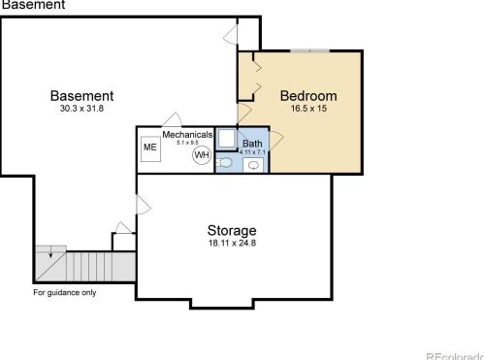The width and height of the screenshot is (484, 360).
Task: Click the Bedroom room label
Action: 307,95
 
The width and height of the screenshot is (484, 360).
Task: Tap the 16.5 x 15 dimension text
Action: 307,109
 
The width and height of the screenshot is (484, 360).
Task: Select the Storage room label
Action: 232,230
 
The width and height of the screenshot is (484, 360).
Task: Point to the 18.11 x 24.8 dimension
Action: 232,244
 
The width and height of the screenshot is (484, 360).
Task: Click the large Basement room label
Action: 82,95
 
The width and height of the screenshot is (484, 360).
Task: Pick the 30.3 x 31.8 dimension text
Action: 81,109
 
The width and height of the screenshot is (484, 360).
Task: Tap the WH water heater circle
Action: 202,154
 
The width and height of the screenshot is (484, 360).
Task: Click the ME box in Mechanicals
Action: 150,148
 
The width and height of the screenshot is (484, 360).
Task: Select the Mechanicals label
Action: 187,134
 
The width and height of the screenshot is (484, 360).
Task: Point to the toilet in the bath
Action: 224,162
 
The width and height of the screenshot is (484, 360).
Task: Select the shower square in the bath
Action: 225,137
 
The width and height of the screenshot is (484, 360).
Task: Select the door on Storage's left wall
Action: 142,206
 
